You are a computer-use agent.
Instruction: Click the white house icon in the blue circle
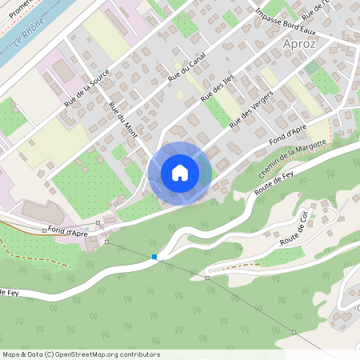(x=180, y=173)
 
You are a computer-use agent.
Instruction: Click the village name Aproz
(x=299, y=44)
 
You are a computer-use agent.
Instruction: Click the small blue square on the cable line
(x=154, y=257)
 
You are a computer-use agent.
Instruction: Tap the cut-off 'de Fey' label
(x=9, y=294)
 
